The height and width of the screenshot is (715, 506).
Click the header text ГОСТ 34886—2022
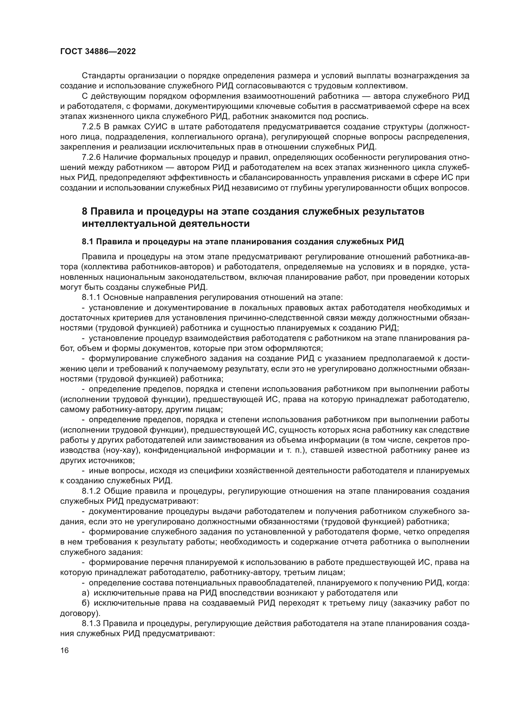[98, 52]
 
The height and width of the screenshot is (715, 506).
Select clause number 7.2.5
[91, 127]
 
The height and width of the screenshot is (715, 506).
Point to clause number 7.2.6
[91, 157]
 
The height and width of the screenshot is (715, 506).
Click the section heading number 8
[84, 212]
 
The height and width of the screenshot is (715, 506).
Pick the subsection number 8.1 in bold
[87, 242]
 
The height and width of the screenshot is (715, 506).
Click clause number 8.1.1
[91, 297]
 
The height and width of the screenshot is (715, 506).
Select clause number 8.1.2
[91, 491]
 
